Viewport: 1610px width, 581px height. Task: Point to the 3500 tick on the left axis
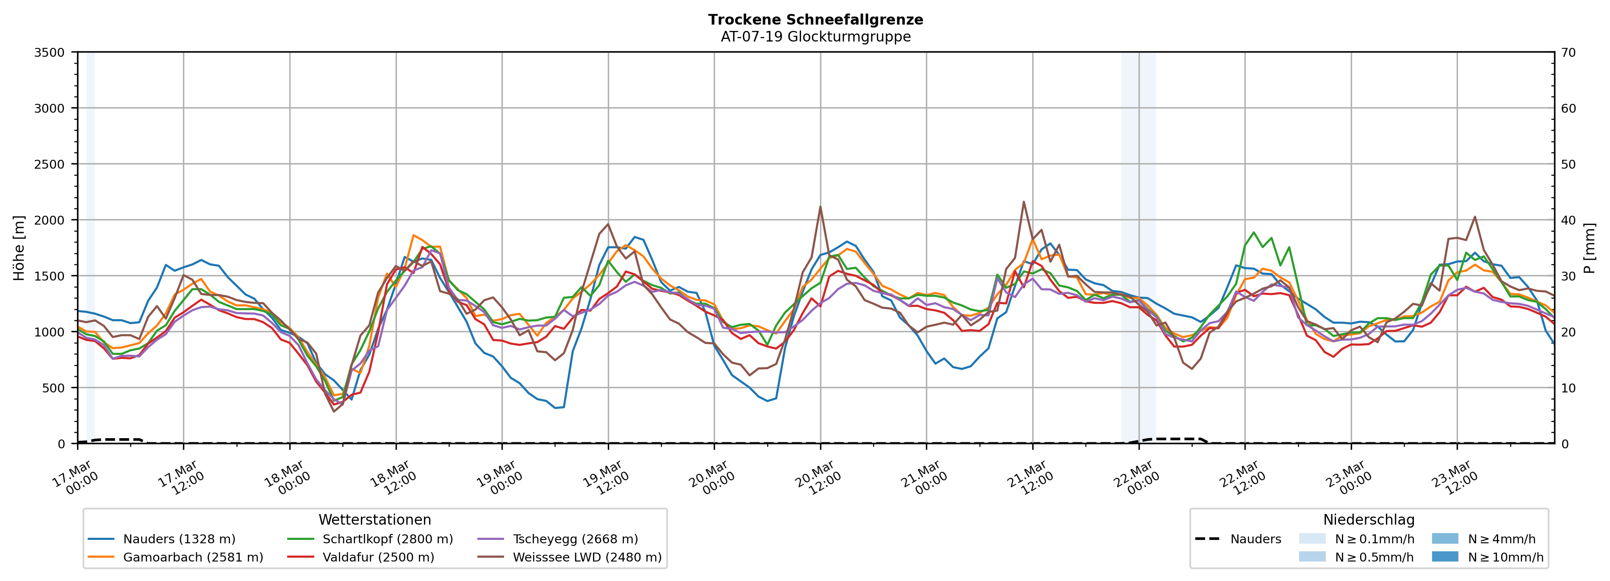50,53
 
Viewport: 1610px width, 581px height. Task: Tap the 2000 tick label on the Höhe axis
50,220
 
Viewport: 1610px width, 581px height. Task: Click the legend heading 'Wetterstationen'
374,520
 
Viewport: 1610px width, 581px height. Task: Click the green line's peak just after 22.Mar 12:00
1254,232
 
